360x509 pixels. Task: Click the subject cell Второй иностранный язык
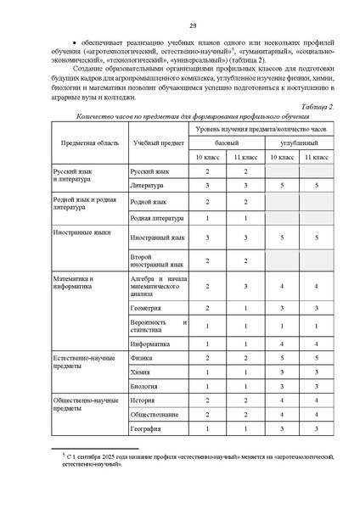[x=152, y=261]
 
